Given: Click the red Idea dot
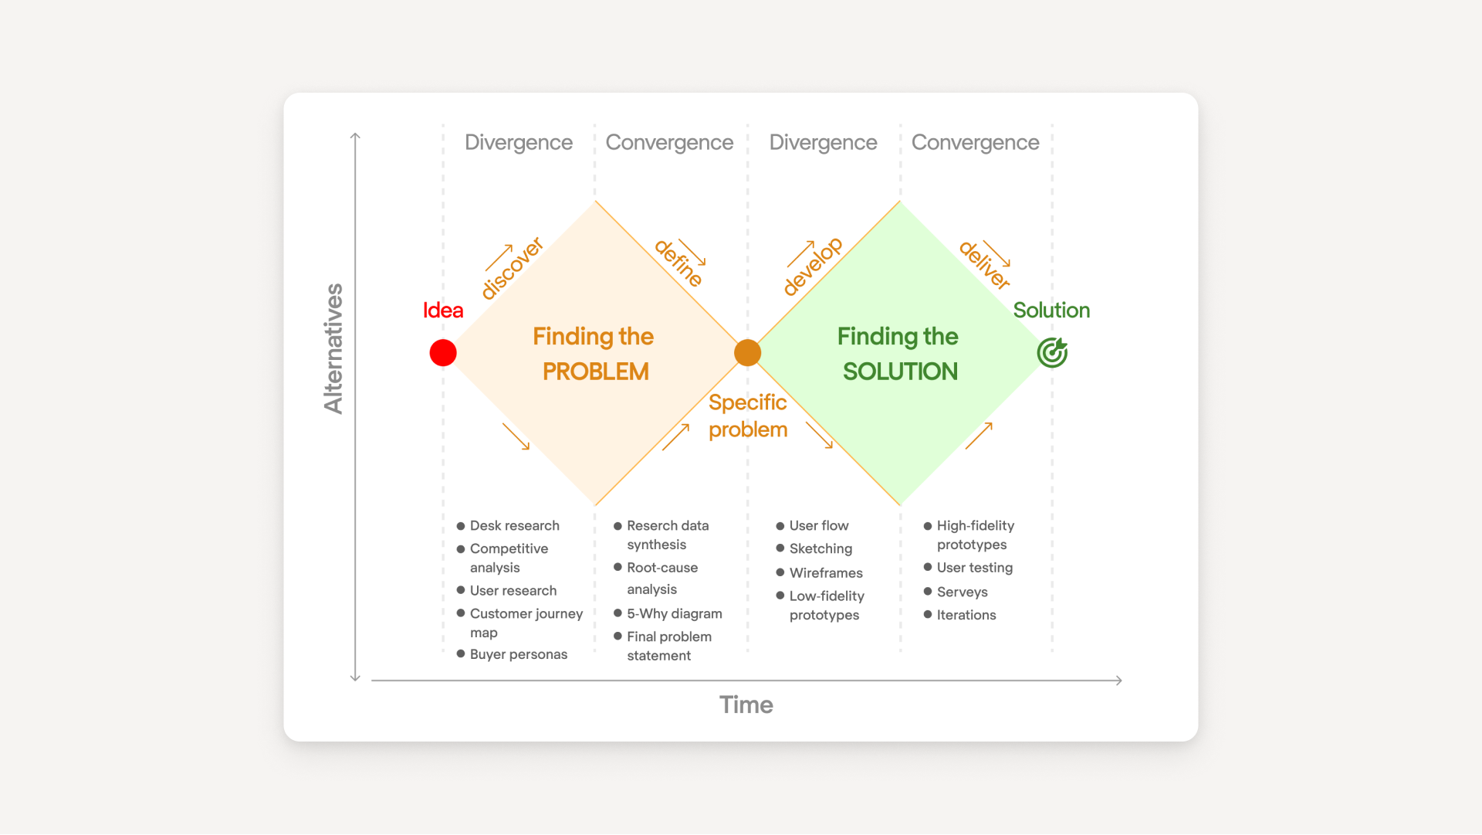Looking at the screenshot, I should point(443,353).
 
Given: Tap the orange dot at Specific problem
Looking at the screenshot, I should point(747,353).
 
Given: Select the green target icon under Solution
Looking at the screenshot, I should point(1052,353).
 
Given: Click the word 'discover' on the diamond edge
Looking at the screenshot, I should point(512,269).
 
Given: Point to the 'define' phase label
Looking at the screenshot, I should point(678,263).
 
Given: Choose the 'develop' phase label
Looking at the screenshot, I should point(812,266).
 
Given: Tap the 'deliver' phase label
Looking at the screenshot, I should point(984,265).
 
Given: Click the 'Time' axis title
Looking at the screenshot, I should point(746,704).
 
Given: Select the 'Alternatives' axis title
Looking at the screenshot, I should point(333,349).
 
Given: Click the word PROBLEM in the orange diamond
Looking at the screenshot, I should point(595,372).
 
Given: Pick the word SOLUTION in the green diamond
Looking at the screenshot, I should point(900,372).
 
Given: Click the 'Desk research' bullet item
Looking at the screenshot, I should point(514,526).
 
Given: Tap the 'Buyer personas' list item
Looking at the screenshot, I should point(518,654).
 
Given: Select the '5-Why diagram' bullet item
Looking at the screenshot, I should point(674,613).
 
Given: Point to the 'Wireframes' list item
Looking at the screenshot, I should point(825,573).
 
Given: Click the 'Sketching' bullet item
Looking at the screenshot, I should point(821,549).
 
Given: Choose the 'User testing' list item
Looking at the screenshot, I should point(974,568).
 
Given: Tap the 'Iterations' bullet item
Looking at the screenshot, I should point(966,615).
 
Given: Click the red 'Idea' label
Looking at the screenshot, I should point(443,311).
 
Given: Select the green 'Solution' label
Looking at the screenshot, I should point(1051,311).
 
